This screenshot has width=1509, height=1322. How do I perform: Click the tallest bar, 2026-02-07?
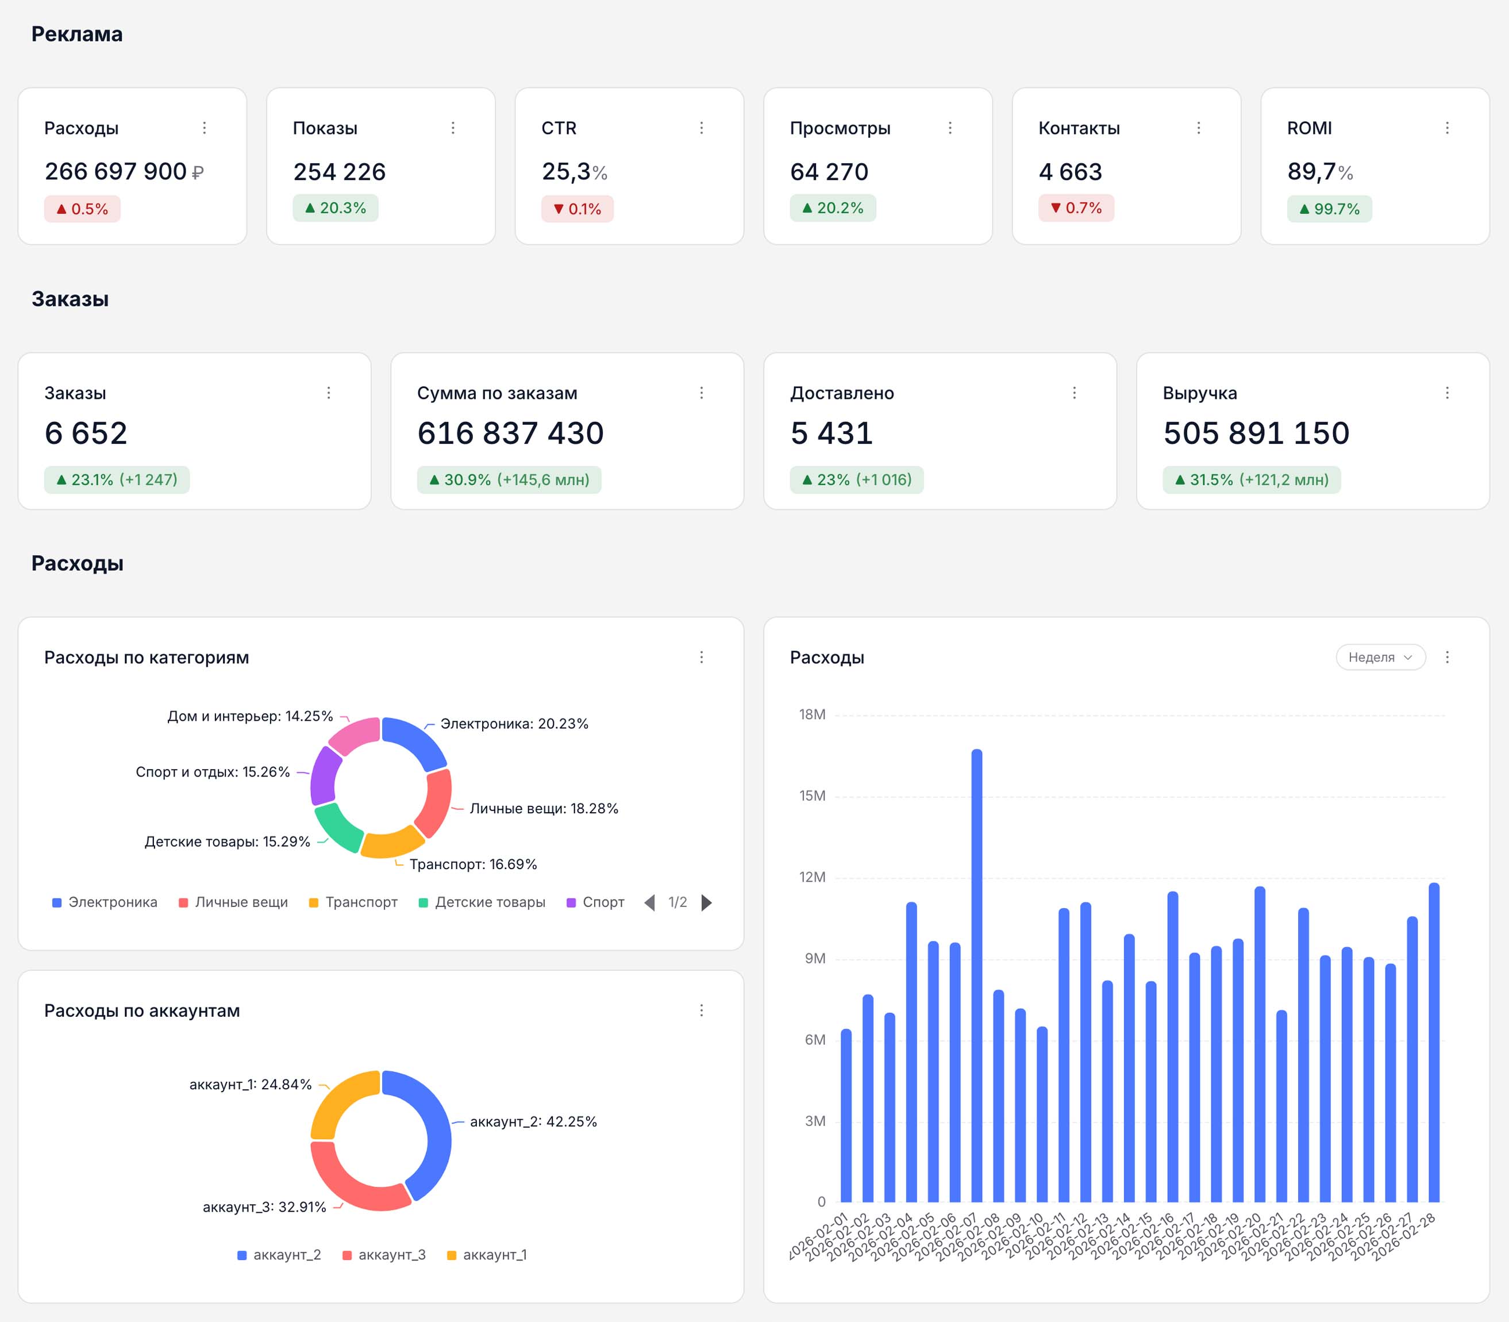[976, 975]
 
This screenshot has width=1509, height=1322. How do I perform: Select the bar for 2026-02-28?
[1434, 1043]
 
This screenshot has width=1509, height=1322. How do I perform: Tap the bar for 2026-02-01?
[846, 1116]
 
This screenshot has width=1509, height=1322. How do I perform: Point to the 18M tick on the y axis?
[812, 714]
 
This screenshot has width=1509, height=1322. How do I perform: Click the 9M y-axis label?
[815, 958]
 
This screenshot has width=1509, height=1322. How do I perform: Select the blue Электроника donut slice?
[417, 740]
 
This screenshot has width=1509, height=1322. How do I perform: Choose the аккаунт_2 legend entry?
[279, 1255]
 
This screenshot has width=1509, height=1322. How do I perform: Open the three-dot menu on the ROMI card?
[1447, 128]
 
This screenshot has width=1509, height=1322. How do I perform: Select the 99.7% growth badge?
[1329, 209]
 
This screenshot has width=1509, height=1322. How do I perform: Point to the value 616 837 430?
[510, 433]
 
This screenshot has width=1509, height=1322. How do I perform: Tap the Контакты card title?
[1079, 128]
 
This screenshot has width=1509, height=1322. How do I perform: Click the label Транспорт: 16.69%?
[474, 864]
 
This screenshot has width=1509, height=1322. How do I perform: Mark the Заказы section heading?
[70, 299]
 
